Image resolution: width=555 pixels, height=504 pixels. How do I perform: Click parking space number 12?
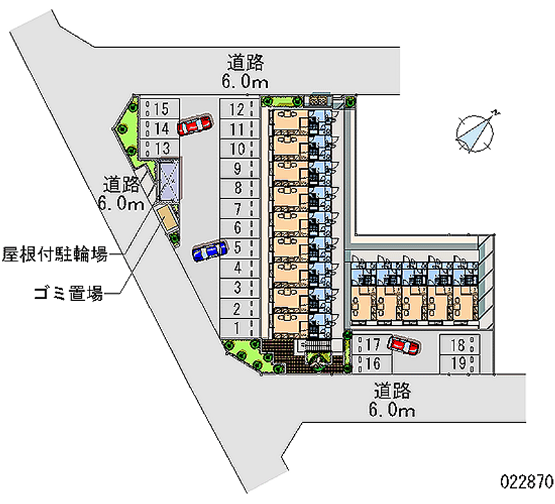[237, 109]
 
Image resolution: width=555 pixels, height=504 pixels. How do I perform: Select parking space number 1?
[237, 327]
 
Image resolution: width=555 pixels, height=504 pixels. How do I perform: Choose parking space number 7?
[237, 208]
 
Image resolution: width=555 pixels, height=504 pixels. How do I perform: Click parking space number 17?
[371, 344]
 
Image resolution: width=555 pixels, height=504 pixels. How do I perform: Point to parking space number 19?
[457, 362]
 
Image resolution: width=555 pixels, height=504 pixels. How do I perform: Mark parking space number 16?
[371, 362]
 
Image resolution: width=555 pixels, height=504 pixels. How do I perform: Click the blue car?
[210, 251]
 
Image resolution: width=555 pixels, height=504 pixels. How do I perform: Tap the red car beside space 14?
[194, 125]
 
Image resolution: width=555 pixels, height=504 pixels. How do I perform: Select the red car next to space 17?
[403, 345]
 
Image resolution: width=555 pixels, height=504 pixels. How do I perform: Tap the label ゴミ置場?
[68, 293]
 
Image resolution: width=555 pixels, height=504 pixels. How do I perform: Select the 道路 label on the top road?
[246, 62]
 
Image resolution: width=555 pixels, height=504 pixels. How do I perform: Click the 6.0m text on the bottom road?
[391, 410]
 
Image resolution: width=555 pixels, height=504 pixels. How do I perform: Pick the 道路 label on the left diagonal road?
[121, 184]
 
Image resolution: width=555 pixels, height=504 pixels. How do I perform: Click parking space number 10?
[237, 148]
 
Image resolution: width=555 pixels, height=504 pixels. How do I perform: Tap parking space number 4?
[237, 268]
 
